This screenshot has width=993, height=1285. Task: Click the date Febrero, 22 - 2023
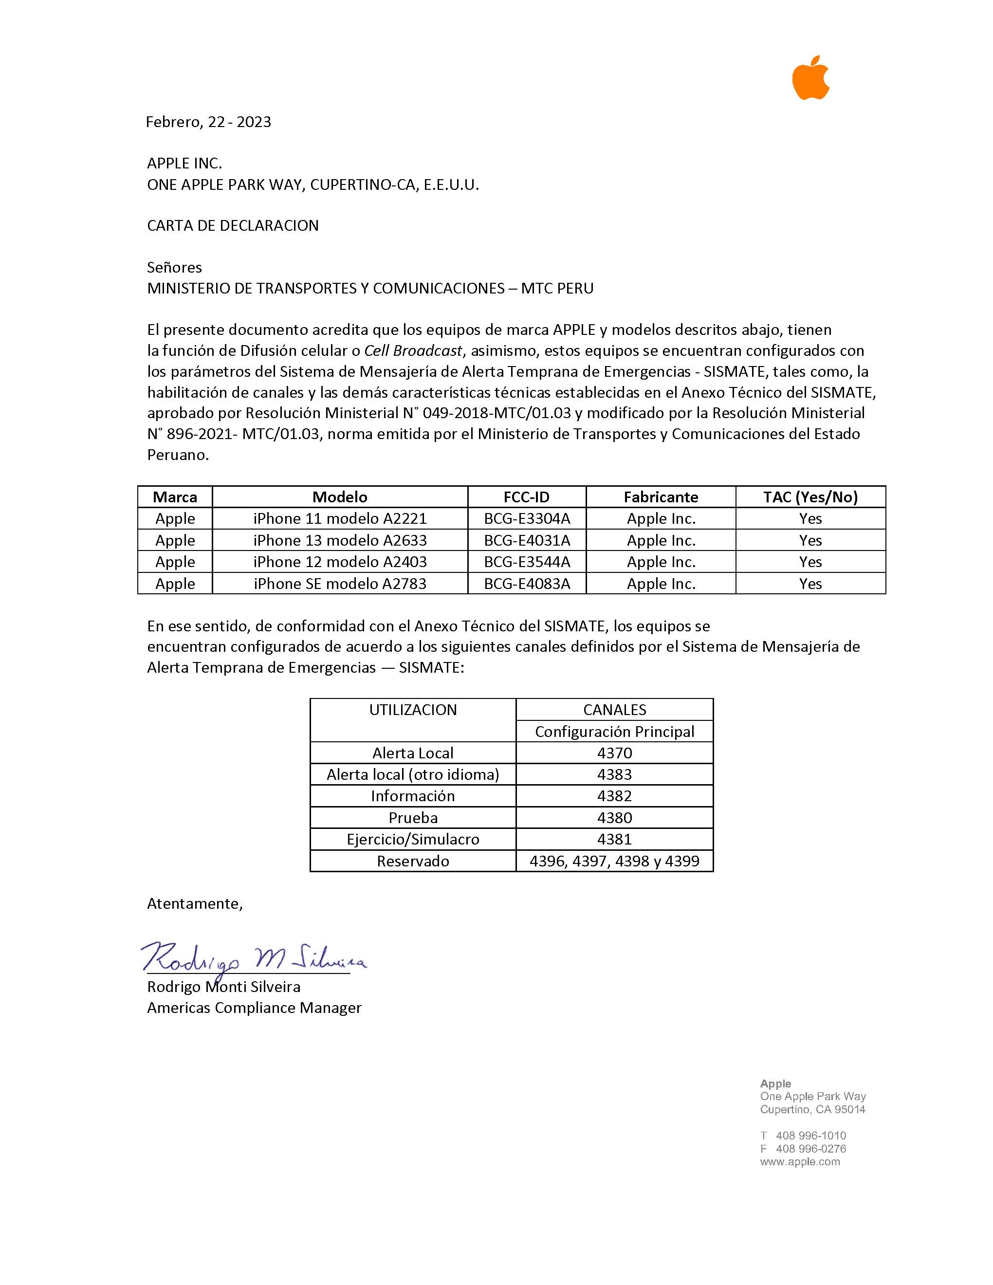click(208, 122)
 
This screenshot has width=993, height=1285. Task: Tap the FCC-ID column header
click(527, 497)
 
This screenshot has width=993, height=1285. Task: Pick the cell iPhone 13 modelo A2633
click(340, 540)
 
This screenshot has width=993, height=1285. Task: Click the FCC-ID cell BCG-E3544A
click(527, 562)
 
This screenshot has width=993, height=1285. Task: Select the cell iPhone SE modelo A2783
click(340, 584)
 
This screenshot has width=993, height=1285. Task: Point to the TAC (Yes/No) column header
click(810, 497)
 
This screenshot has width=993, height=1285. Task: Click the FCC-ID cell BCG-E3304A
click(527, 518)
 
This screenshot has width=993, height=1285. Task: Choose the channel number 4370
click(614, 753)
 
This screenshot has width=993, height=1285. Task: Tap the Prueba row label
click(413, 818)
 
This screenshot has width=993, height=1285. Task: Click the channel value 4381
click(614, 839)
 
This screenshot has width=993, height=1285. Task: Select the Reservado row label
click(413, 862)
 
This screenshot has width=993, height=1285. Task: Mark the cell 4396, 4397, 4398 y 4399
click(614, 862)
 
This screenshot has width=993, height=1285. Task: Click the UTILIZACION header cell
click(413, 710)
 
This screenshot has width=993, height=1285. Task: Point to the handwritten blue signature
click(253, 958)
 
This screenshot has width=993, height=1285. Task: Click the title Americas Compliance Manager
click(254, 1008)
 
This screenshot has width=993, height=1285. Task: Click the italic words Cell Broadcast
click(413, 350)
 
